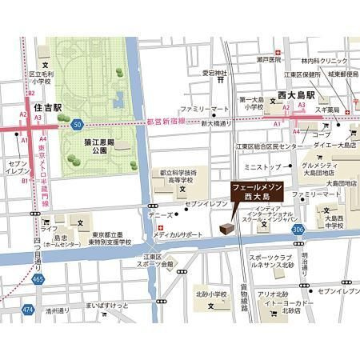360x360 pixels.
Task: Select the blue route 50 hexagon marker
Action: point(77,125)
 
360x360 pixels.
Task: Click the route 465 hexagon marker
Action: point(38,279)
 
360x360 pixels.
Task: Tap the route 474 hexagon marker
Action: point(29,308)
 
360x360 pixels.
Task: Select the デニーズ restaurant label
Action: point(161,215)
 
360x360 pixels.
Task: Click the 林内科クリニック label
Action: point(325,61)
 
